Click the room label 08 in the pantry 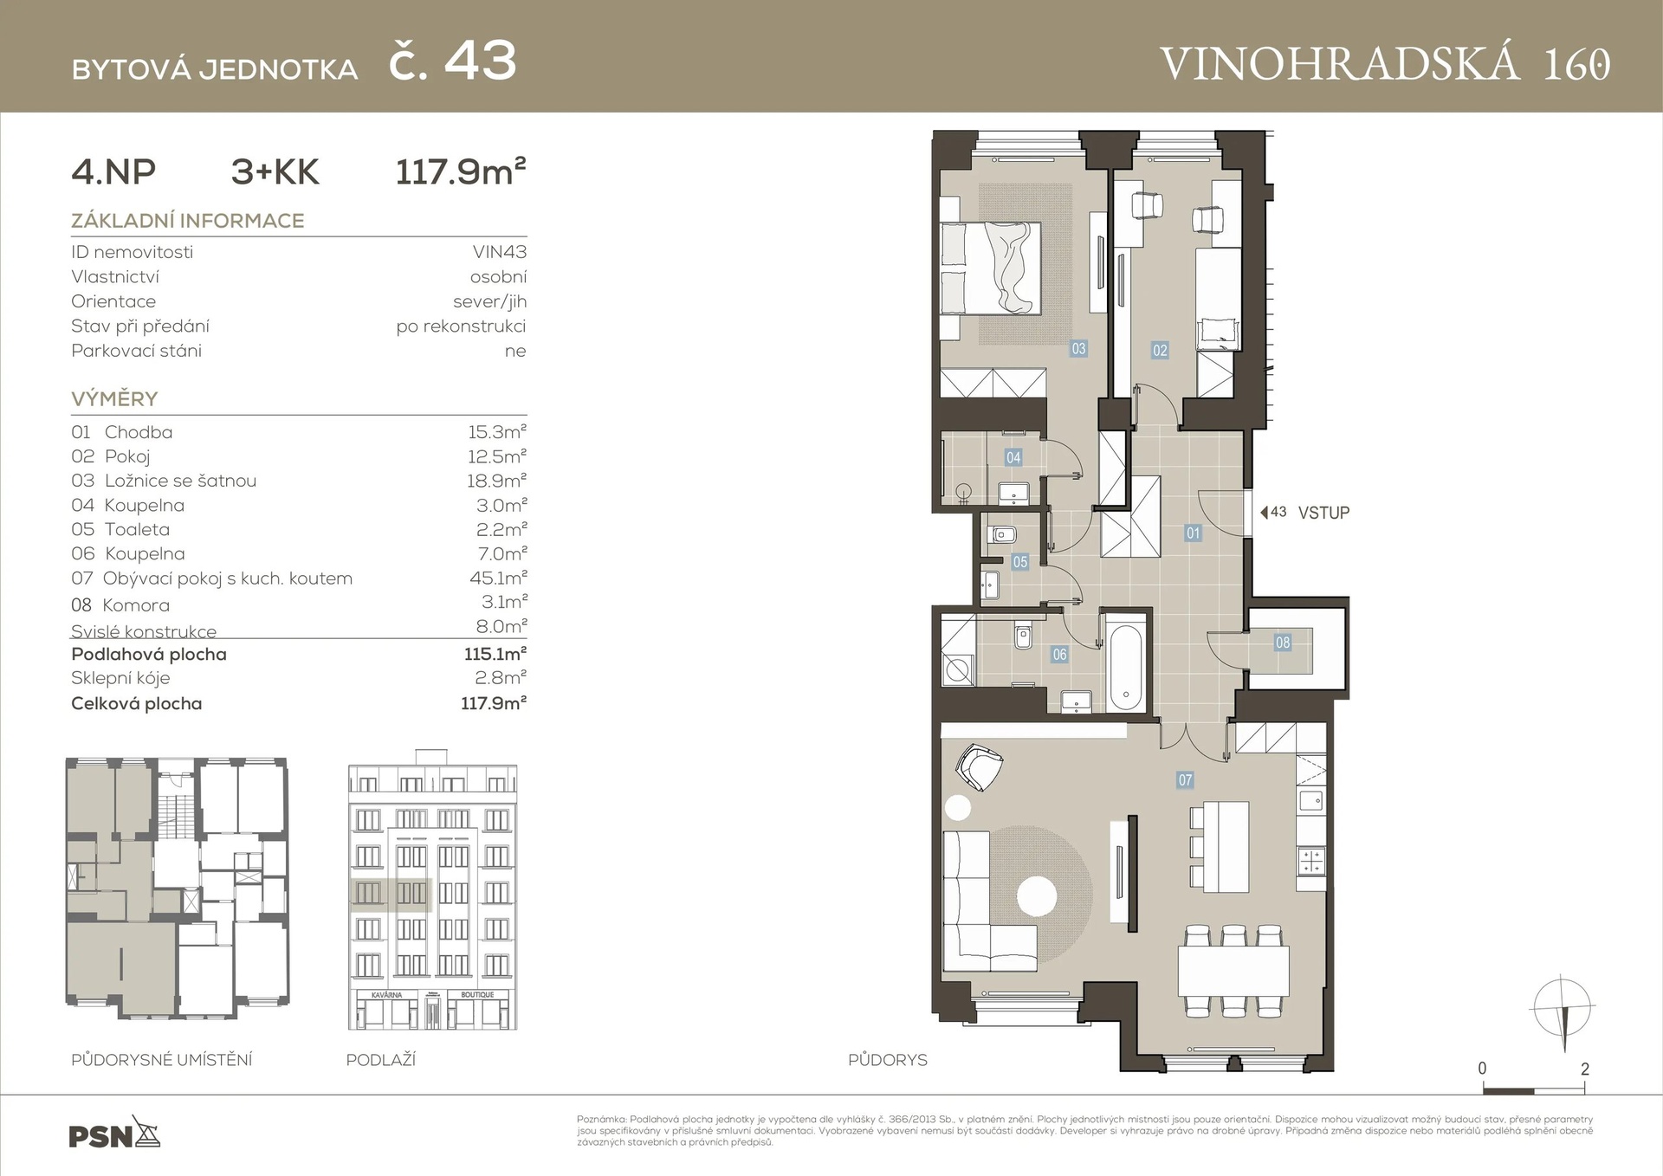(1283, 643)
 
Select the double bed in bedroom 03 (991, 268)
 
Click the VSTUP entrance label (1323, 513)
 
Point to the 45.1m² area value (498, 578)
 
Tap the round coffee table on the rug (1037, 896)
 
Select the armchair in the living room (979, 766)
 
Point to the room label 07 (1185, 780)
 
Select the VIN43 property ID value (499, 252)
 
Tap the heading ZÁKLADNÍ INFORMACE (187, 221)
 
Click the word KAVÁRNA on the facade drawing (386, 995)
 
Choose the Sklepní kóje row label (120, 678)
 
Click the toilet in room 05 (1002, 534)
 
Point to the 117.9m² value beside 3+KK (460, 171)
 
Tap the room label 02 (1160, 350)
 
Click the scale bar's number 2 (1584, 1069)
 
